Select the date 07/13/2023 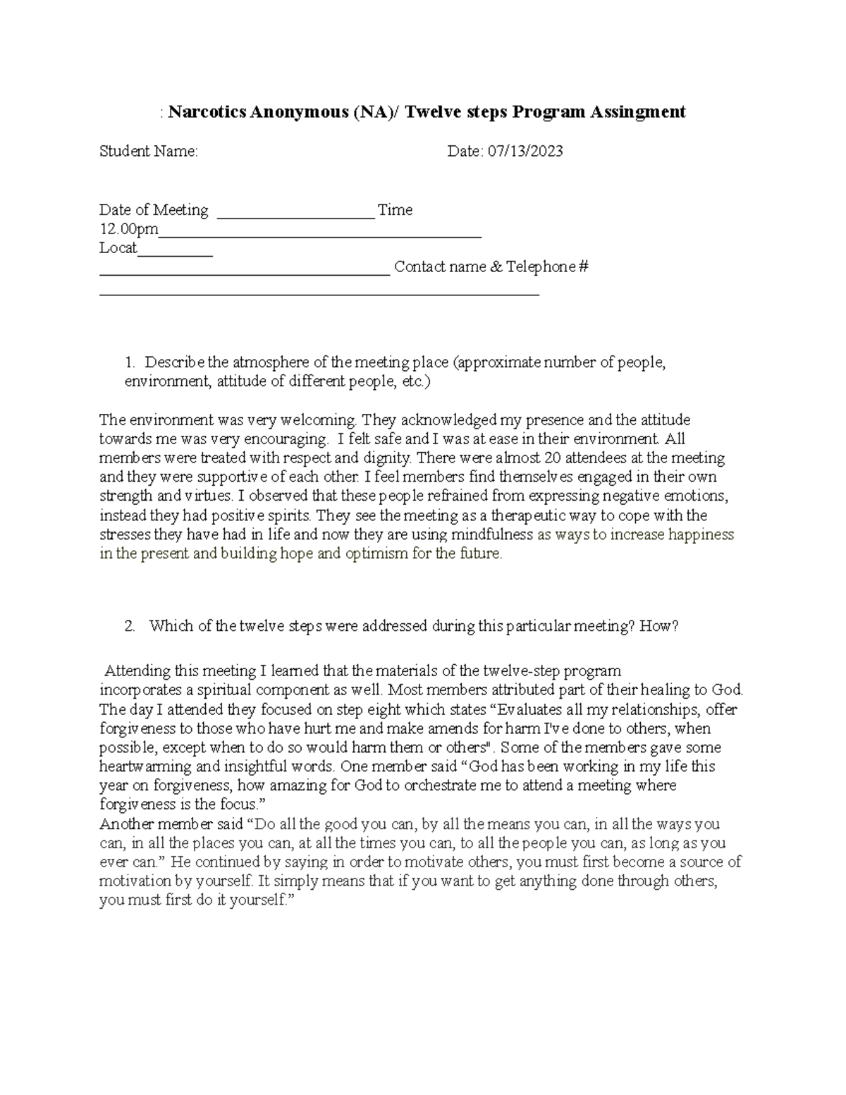tap(525, 151)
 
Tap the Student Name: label tap(149, 151)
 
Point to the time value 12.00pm tap(129, 229)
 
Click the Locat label tap(118, 248)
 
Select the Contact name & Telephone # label tap(491, 267)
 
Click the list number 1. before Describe tap(130, 363)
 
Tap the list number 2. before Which tap(130, 626)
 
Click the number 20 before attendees tap(563, 458)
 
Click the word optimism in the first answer tap(376, 553)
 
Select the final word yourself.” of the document tap(264, 900)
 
